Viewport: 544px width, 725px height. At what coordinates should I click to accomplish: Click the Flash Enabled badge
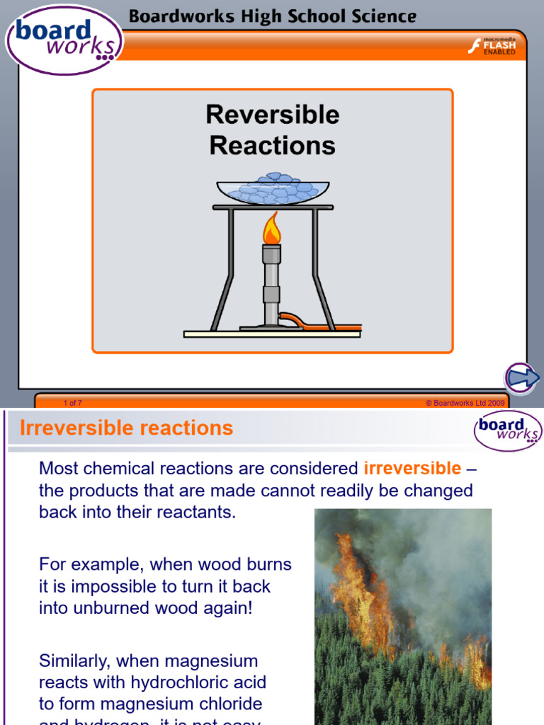[492, 46]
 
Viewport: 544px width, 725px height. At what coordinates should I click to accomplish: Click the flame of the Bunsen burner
[271, 229]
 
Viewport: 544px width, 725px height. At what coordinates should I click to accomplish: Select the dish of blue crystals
[274, 188]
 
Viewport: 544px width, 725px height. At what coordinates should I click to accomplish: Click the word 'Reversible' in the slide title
[273, 115]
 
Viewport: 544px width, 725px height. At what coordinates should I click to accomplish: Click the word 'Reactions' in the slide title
[273, 145]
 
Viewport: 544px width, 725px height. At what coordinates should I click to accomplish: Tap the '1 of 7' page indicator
[72, 403]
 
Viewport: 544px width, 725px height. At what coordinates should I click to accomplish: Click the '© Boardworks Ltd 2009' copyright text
[465, 403]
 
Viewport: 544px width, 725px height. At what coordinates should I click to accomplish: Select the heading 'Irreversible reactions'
[126, 428]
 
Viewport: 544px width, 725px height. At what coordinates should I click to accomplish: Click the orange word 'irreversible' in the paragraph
[412, 468]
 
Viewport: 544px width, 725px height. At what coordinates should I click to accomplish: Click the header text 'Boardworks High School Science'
[272, 16]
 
